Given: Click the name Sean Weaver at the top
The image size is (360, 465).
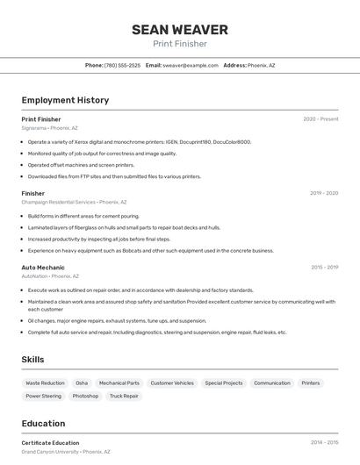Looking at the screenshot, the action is click(x=180, y=30).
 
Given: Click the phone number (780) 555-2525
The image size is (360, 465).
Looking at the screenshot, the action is click(x=122, y=66).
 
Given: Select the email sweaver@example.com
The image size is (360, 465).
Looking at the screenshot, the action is click(x=190, y=66).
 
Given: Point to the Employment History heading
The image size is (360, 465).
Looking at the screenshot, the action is click(x=65, y=101).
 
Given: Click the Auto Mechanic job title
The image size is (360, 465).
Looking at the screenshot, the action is click(x=43, y=267).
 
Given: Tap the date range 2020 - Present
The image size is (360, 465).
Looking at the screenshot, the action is click(x=320, y=119).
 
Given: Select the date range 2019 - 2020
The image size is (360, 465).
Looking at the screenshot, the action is click(x=324, y=193).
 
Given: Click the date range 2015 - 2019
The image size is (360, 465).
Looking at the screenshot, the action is click(x=324, y=267).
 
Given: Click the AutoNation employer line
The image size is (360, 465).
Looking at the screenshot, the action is click(x=50, y=275).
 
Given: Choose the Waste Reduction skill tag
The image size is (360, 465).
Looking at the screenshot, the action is click(x=45, y=383).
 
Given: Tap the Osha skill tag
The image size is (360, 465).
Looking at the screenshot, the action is click(x=82, y=383).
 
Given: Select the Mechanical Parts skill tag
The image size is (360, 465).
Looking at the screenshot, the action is click(x=119, y=383).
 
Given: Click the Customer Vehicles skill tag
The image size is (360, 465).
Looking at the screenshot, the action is click(x=172, y=383).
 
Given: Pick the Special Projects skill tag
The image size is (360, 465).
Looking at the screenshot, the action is click(x=224, y=383).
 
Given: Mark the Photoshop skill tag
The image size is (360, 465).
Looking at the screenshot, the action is click(x=85, y=397).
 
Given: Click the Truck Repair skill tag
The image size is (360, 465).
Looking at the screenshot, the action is click(x=124, y=397).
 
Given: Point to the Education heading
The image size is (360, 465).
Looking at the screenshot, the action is click(x=43, y=424).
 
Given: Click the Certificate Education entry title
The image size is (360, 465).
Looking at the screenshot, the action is click(x=50, y=443).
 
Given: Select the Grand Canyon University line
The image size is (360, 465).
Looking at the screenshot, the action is click(x=66, y=452).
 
